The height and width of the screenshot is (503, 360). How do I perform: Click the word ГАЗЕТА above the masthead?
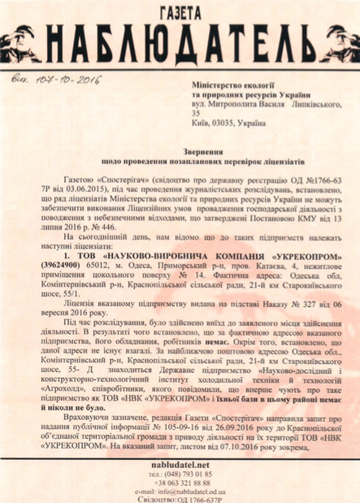pyautogui.click(x=179, y=11)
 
